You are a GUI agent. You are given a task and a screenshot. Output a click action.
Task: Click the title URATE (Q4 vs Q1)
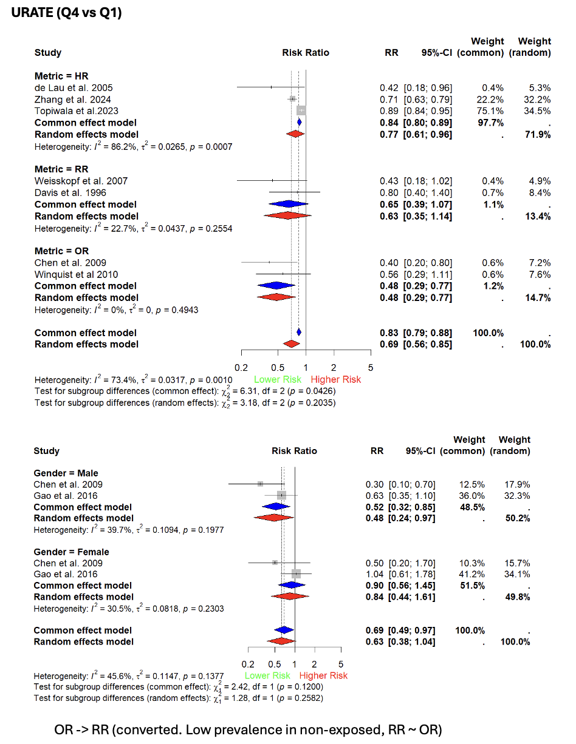(x=67, y=13)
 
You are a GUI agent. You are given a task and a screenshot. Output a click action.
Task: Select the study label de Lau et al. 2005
(x=74, y=88)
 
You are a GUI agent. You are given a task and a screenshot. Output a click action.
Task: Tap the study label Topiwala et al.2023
(x=77, y=111)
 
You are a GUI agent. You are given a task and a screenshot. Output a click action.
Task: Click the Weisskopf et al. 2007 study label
(x=81, y=181)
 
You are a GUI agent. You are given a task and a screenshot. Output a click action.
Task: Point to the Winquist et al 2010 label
(x=76, y=274)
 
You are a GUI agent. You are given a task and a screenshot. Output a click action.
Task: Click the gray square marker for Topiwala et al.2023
(x=301, y=111)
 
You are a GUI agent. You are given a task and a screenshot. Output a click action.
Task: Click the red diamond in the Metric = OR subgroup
(x=278, y=297)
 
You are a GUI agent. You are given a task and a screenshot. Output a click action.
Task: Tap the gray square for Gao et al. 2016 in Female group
(x=296, y=574)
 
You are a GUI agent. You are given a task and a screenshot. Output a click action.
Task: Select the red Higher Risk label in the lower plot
(x=323, y=675)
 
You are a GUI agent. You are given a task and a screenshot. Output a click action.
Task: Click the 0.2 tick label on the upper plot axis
(x=242, y=368)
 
